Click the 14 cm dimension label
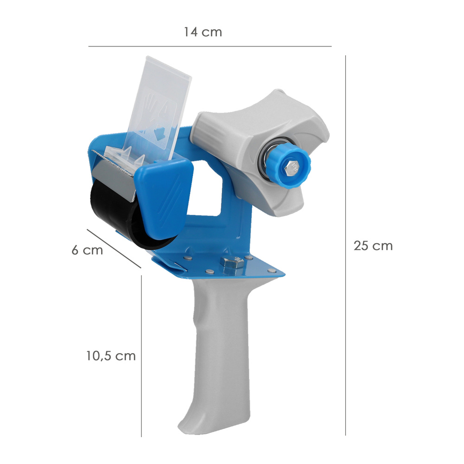203,32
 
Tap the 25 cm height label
373,245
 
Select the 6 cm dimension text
87,250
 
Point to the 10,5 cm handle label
110,356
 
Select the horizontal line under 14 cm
210,46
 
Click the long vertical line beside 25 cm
345,245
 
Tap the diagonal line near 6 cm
113,248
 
